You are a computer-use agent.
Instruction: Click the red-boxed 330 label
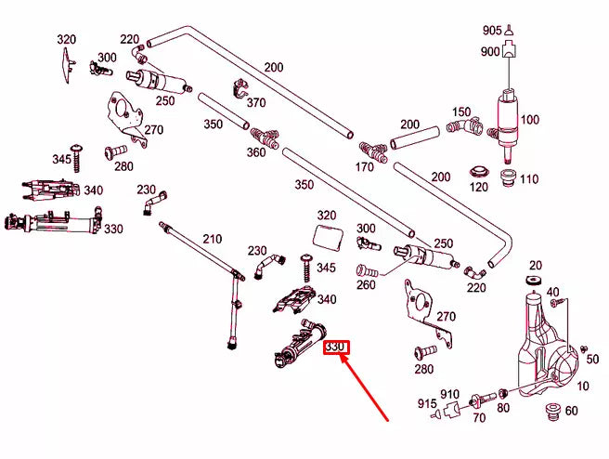(x=335, y=348)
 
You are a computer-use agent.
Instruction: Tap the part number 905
(x=491, y=31)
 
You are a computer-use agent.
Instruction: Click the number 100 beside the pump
(x=529, y=120)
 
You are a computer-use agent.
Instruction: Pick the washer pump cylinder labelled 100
(x=507, y=116)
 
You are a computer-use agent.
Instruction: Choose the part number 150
(x=461, y=112)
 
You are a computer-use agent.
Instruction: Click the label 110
(x=529, y=178)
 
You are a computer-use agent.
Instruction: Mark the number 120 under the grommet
(x=478, y=187)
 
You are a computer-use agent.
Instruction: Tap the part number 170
(x=365, y=167)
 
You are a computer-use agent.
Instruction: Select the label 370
(x=256, y=102)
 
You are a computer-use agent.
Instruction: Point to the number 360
(x=255, y=152)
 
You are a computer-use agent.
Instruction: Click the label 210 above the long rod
(x=213, y=239)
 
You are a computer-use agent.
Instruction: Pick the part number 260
(x=366, y=284)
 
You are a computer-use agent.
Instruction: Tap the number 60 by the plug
(x=571, y=411)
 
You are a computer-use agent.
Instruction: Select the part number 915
(x=426, y=403)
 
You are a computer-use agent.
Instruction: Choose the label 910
(x=450, y=394)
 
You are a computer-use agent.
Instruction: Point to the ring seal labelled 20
(x=535, y=281)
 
